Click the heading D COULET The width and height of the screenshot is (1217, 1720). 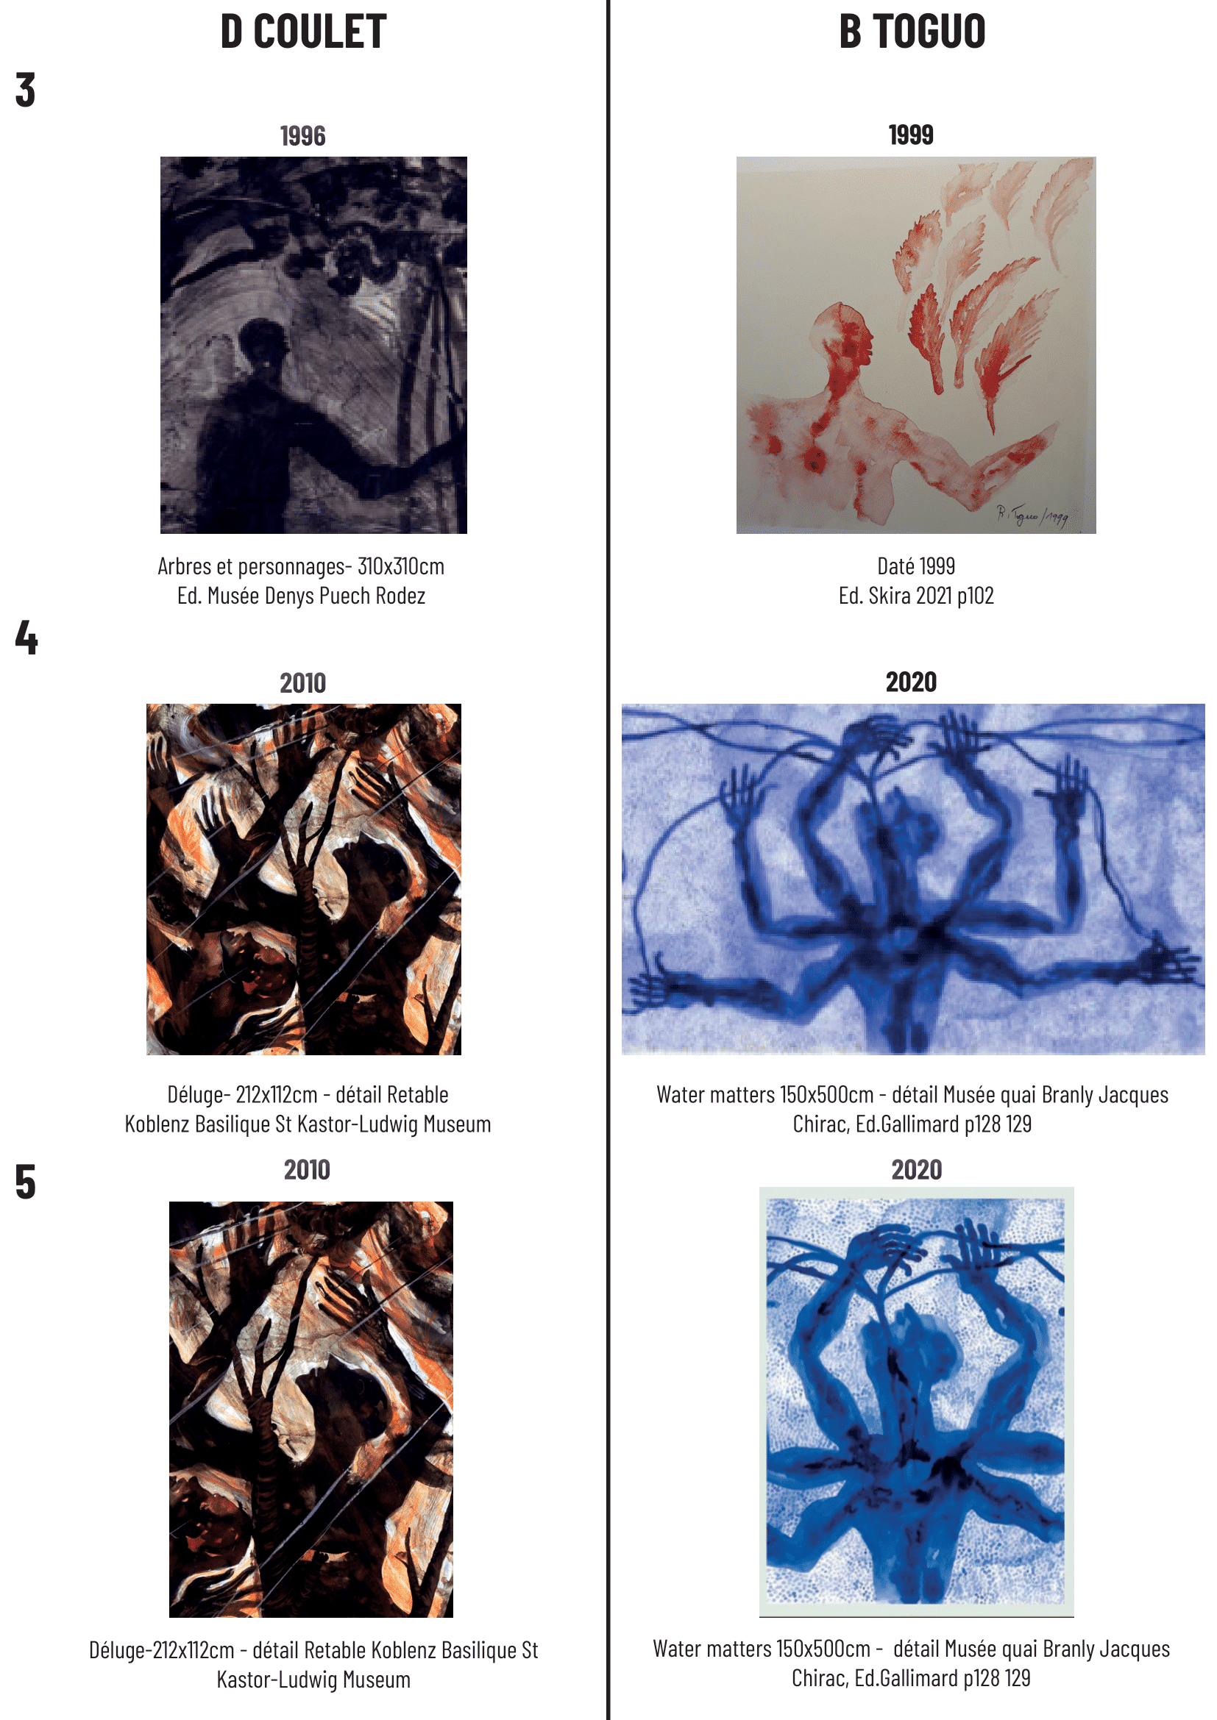point(302,32)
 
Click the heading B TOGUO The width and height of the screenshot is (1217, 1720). point(912,32)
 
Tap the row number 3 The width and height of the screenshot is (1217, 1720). point(26,90)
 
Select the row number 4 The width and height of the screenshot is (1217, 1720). point(26,638)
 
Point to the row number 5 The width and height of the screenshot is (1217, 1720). point(26,1182)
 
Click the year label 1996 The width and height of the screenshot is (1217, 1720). point(302,136)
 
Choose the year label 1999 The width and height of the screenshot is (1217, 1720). point(911,135)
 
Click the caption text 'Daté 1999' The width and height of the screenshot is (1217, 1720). point(916,566)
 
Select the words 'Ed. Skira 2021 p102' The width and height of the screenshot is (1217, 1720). point(916,596)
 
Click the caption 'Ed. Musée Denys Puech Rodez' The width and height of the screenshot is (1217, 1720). point(301,596)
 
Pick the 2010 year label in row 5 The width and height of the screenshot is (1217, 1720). point(308,1169)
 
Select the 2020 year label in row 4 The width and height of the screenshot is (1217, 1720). point(911,682)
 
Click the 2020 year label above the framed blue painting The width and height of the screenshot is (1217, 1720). point(917,1169)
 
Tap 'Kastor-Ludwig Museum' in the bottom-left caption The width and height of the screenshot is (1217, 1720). point(313,1680)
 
